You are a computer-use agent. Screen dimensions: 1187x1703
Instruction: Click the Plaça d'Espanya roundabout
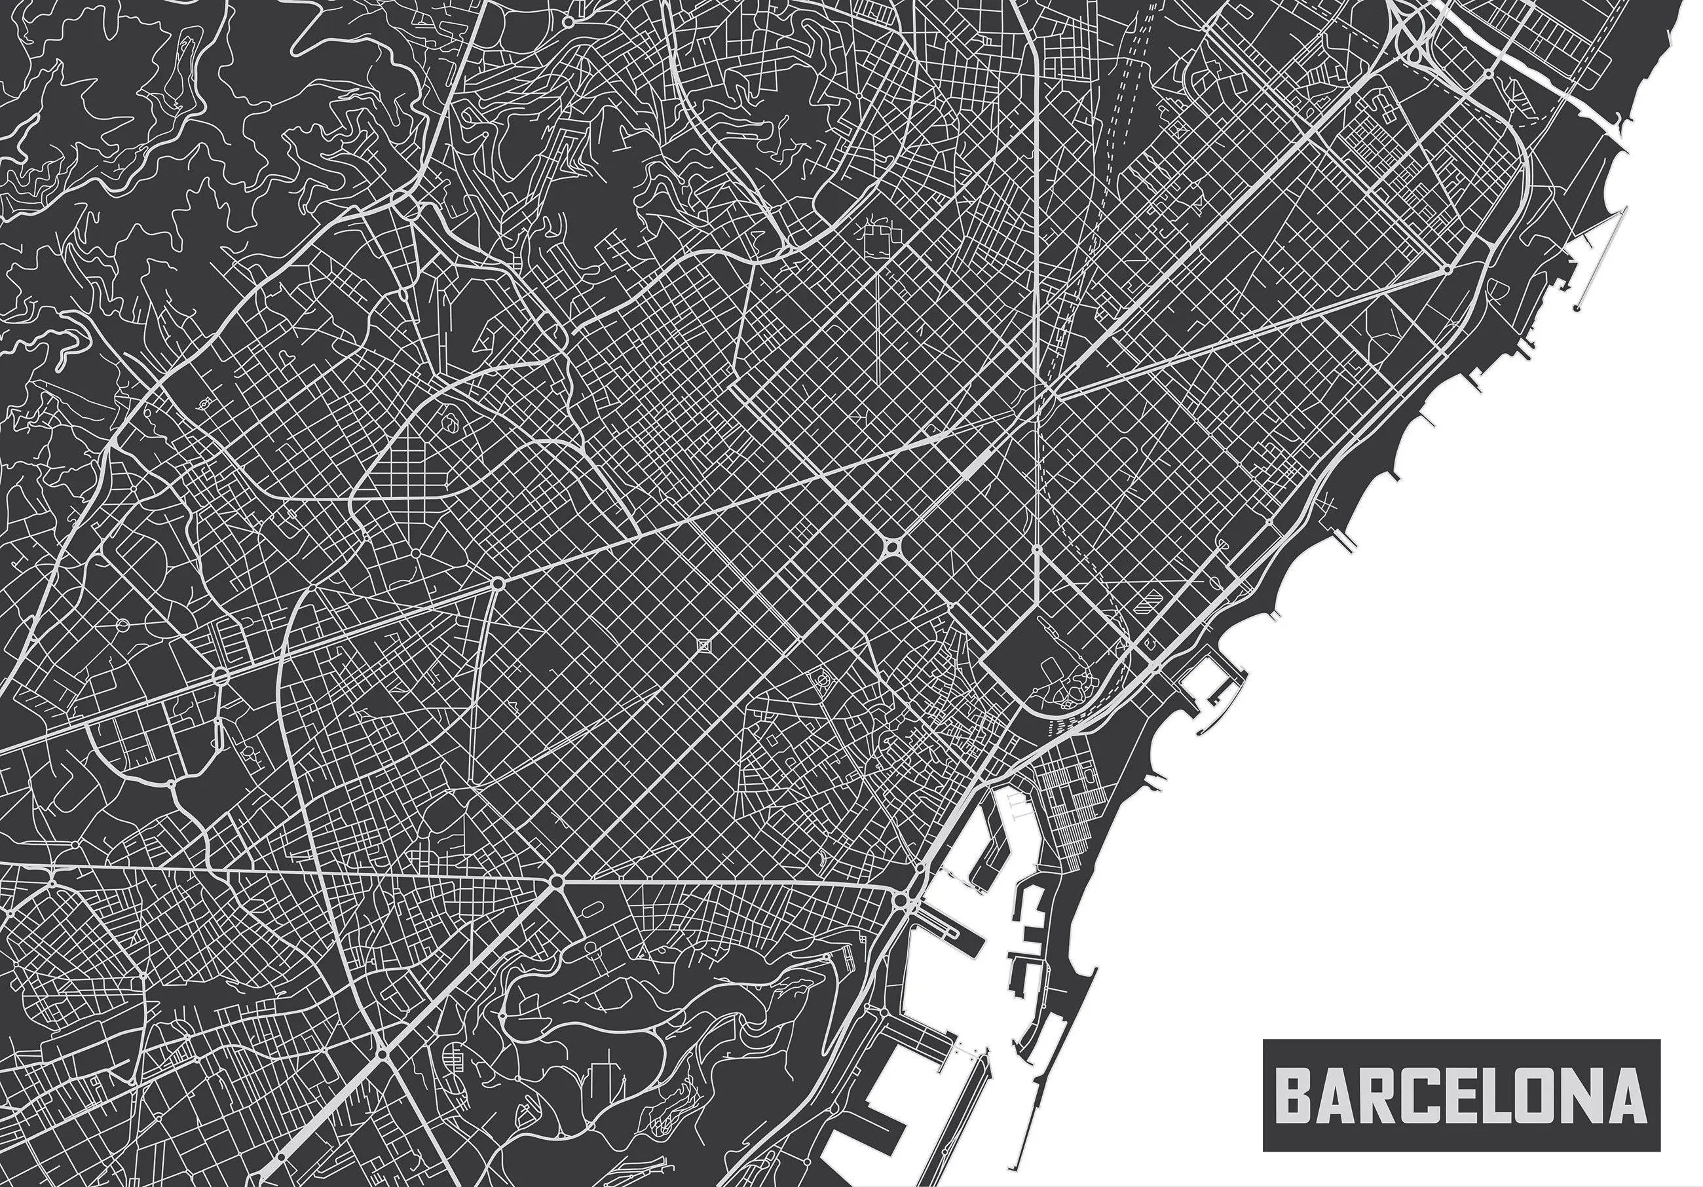(x=556, y=880)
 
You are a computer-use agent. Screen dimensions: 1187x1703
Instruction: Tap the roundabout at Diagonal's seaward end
(x=1447, y=271)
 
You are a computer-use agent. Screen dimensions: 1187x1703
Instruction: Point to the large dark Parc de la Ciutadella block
(x=1053, y=660)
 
